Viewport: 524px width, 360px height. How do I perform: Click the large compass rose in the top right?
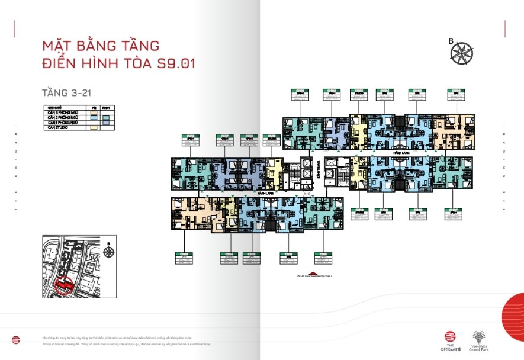(x=462, y=53)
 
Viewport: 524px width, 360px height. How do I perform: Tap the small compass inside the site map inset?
(x=109, y=252)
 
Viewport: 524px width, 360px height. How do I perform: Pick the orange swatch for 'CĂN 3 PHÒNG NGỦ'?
(x=92, y=113)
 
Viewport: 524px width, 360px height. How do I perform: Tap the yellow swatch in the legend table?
(x=92, y=127)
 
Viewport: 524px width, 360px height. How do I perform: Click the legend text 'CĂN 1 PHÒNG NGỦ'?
(x=62, y=123)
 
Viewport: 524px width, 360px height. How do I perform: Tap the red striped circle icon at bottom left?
(x=15, y=339)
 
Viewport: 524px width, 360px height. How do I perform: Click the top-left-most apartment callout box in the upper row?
(x=300, y=93)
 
